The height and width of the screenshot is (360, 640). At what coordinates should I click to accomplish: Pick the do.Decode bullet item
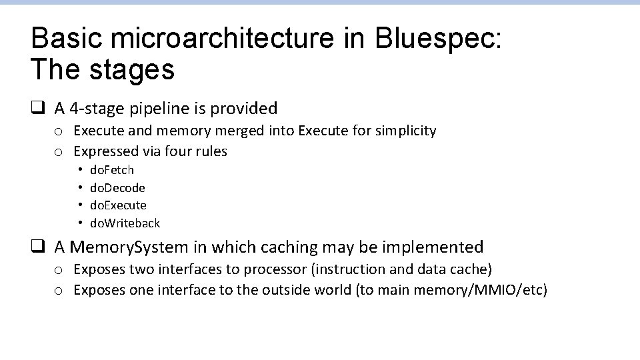[117, 188]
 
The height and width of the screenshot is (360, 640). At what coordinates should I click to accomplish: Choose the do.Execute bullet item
[118, 205]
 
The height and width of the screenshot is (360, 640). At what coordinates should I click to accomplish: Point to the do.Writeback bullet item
[125, 223]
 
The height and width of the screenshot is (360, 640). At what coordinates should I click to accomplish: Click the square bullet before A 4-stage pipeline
[38, 108]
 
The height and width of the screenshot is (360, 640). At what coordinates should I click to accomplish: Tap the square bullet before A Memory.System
[38, 247]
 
